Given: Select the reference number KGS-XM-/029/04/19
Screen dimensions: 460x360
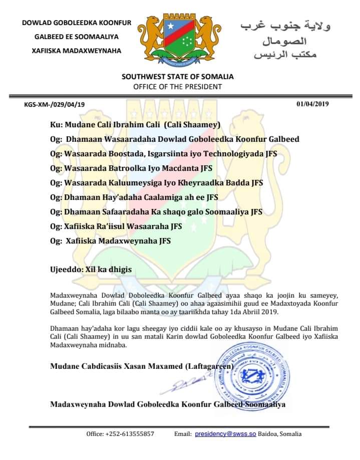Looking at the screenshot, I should pos(55,104).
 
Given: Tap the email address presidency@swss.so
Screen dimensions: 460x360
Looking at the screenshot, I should pos(225,433).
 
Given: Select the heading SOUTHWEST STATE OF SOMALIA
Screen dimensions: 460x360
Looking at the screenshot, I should pos(178,77).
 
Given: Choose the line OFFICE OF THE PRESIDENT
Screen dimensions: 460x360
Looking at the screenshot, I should pos(178,86).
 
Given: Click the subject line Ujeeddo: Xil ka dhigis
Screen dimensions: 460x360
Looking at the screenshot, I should pos(91,269).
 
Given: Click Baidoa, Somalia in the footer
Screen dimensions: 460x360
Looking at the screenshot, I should pos(280,433).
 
